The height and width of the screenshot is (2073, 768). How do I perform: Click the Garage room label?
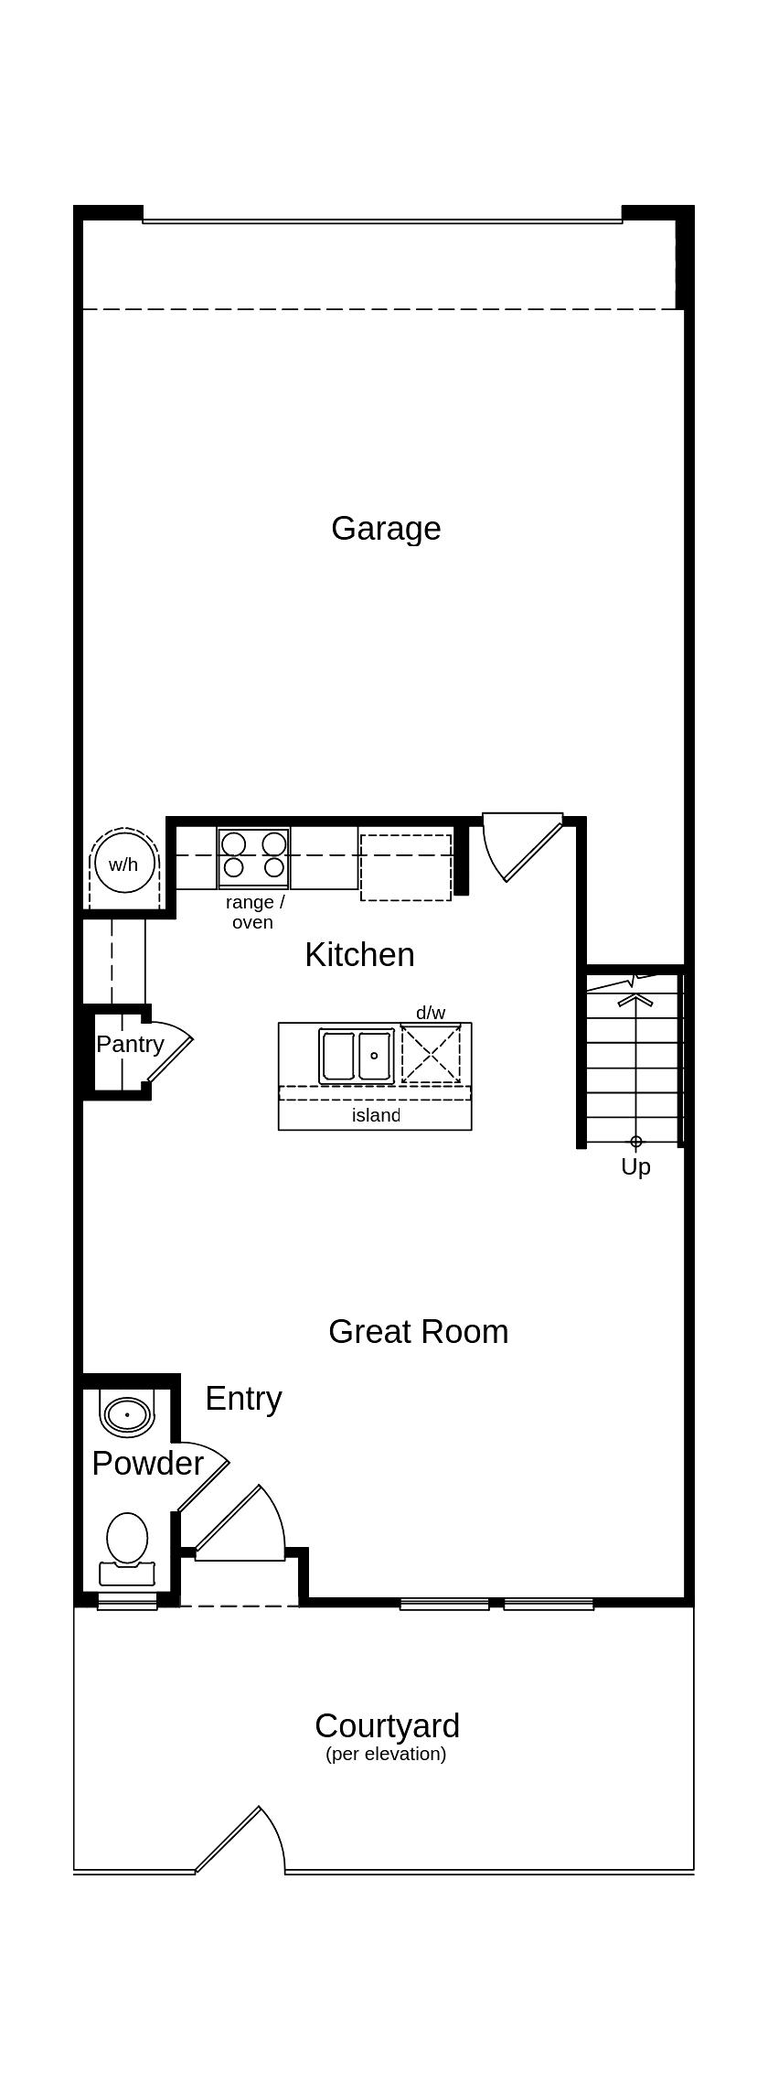pyautogui.click(x=386, y=529)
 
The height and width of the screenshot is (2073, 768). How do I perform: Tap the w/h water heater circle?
pyautogui.click(x=123, y=863)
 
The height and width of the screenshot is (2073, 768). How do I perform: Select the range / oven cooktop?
pyautogui.click(x=253, y=857)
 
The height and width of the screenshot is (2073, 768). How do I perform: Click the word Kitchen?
pyautogui.click(x=359, y=954)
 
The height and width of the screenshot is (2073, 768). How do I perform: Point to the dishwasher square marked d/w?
pyautogui.click(x=431, y=1054)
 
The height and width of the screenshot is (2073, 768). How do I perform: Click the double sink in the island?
pyautogui.click(x=357, y=1056)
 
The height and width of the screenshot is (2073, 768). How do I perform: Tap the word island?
pyautogui.click(x=376, y=1115)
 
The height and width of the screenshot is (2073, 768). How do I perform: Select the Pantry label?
pyautogui.click(x=130, y=1044)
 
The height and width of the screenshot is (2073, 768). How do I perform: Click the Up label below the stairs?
pyautogui.click(x=635, y=1166)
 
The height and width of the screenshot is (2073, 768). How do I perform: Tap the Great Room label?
pyautogui.click(x=418, y=1332)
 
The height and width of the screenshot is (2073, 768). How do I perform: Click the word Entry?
pyautogui.click(x=243, y=1399)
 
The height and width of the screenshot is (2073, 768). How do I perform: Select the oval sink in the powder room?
pyautogui.click(x=126, y=1414)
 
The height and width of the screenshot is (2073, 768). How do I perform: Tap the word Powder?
pyautogui.click(x=147, y=1464)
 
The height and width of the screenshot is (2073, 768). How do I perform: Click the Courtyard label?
pyautogui.click(x=387, y=1726)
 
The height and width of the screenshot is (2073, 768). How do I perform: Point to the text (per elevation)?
pyautogui.click(x=386, y=1755)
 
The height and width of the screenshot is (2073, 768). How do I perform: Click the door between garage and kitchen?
pyautogui.click(x=521, y=846)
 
